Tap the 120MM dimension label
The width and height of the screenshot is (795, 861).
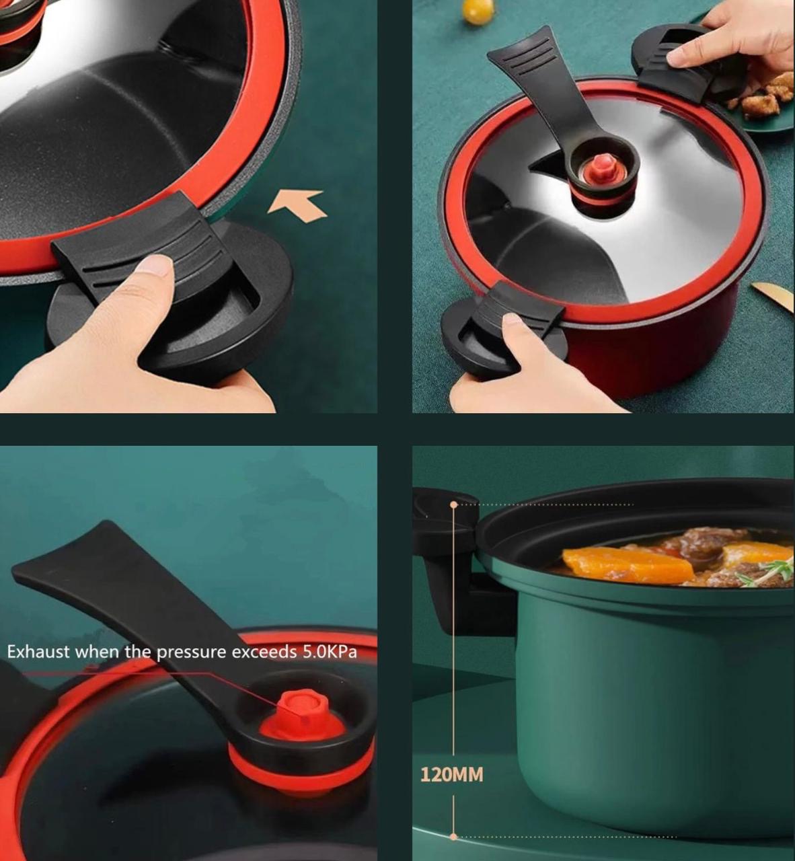coord(451,775)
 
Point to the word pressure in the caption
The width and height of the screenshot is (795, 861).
coord(192,652)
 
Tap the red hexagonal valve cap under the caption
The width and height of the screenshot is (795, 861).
coord(296,708)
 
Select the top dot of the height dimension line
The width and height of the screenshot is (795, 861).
coord(454,504)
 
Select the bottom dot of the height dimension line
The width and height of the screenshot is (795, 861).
coord(454,837)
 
